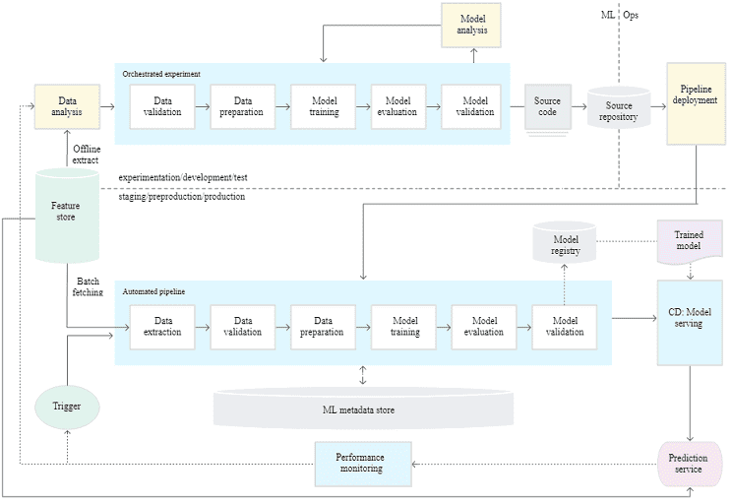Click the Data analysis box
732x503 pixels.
(68, 106)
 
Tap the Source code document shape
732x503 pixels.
(547, 106)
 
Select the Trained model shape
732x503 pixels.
(688, 242)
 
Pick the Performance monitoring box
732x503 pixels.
(361, 464)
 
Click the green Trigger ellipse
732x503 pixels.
(68, 406)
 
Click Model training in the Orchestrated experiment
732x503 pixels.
(324, 106)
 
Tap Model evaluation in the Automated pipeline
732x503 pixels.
(485, 326)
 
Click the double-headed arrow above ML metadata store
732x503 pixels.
(363, 375)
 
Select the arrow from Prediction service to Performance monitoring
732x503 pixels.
(532, 464)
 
